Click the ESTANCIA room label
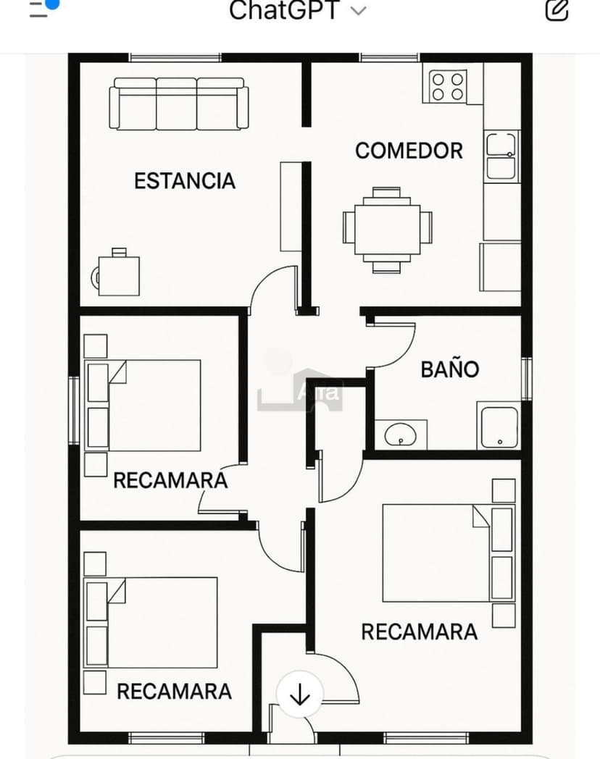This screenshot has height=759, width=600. pos(185,181)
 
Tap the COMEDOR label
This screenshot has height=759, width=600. pos(409,151)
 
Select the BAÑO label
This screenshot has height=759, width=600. pos(450,369)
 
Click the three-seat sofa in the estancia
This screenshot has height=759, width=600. pos(179,104)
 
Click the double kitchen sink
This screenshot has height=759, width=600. pos(501,156)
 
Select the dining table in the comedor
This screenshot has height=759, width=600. pos(388,230)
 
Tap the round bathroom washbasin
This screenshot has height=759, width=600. pos(400,435)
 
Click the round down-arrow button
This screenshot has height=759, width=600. pos(300,695)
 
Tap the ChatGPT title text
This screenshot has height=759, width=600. pos(284,9)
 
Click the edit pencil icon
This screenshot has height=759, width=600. pos(557,9)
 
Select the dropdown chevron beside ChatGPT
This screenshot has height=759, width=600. pos(358,11)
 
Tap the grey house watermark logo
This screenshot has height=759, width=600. pos(300,390)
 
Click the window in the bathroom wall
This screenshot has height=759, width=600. pos(526,379)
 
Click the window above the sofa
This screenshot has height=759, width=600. pos(175,58)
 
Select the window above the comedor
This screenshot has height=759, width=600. pos(390,58)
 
